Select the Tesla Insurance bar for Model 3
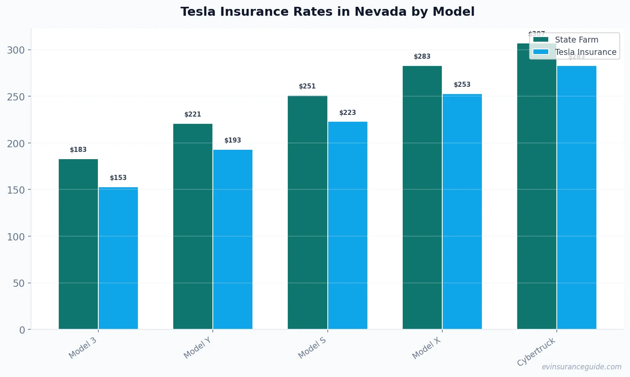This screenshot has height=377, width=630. pyautogui.click(x=118, y=258)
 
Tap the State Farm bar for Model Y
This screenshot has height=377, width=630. pyautogui.click(x=193, y=226)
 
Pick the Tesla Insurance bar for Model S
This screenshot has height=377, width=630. pyautogui.click(x=347, y=225)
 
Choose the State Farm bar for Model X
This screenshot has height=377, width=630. pyautogui.click(x=422, y=197)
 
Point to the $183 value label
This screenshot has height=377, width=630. pyautogui.click(x=78, y=150)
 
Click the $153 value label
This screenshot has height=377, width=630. pyautogui.click(x=118, y=178)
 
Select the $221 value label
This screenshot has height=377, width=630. pyautogui.click(x=193, y=114)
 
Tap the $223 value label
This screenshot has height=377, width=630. pyautogui.click(x=347, y=113)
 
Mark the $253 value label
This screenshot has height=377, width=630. pyautogui.click(x=462, y=85)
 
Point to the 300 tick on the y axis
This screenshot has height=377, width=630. pyautogui.click(x=16, y=50)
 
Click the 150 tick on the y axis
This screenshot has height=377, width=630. pyautogui.click(x=16, y=190)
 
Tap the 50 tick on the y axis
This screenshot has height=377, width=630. pyautogui.click(x=19, y=283)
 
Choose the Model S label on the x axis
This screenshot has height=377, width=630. pyautogui.click(x=312, y=348)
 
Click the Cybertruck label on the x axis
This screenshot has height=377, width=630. pyautogui.click(x=536, y=352)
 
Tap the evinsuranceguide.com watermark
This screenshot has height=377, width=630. pyautogui.click(x=581, y=367)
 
